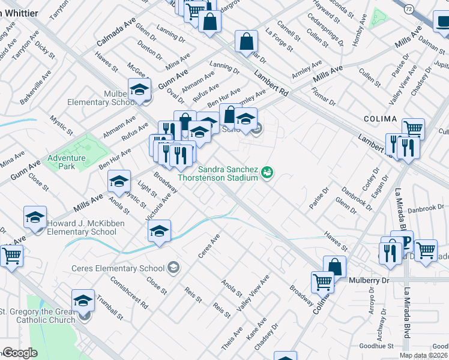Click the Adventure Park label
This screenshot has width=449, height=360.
tap(67, 162)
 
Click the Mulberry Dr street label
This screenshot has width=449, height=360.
tap(369, 280)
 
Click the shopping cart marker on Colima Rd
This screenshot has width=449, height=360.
tap(323, 281)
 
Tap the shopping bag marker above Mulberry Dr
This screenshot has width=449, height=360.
tap(335, 266)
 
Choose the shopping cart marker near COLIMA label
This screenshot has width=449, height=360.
tap(413, 128)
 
